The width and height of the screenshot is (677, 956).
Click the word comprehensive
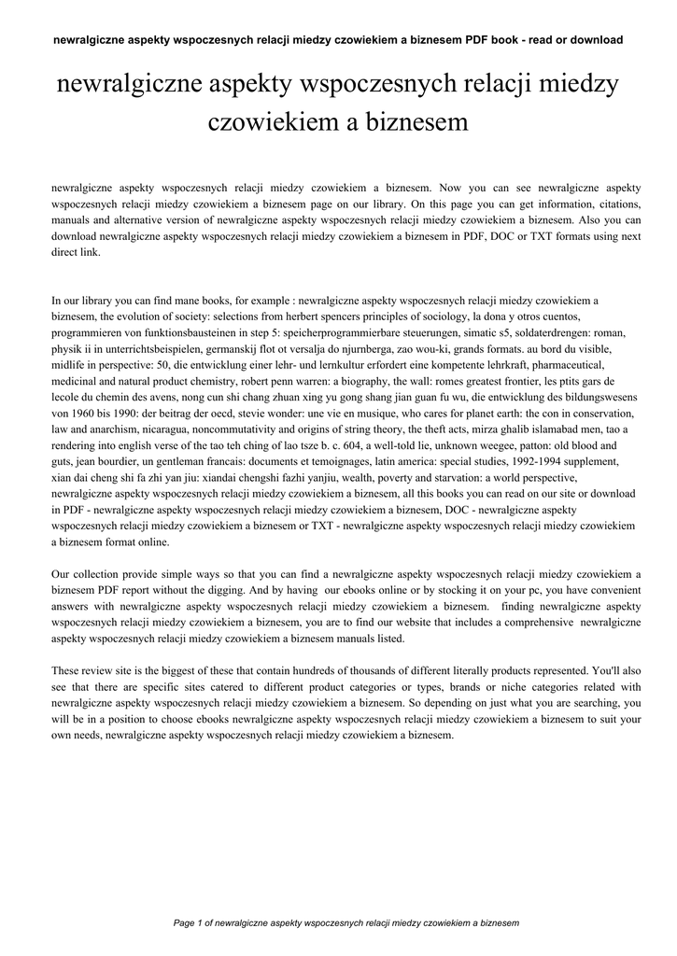[x=526, y=622]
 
